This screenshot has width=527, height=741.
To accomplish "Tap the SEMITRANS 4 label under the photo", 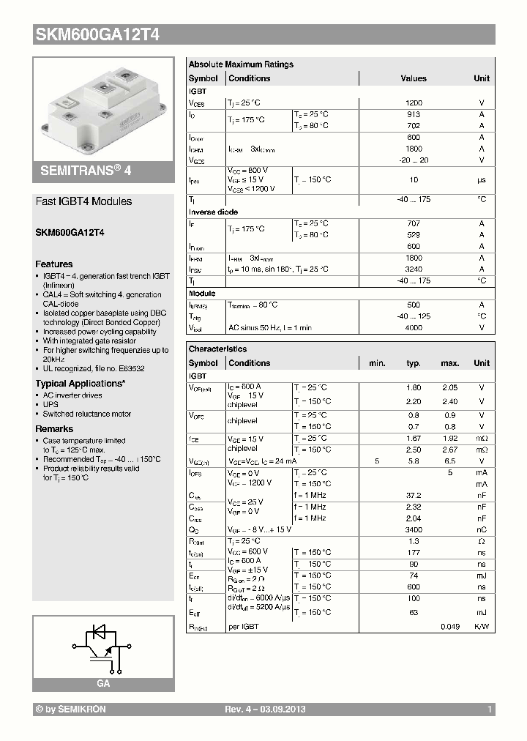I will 84,170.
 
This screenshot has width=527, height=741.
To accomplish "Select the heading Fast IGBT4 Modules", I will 84,201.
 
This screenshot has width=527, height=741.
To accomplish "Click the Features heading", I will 54,264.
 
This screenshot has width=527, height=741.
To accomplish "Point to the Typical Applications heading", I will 80,383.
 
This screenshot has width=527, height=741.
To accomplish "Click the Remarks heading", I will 54,428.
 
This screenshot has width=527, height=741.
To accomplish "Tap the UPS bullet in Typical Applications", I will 50,404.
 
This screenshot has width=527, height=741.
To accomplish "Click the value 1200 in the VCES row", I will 414,103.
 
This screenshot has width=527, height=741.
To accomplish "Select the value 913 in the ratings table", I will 414,114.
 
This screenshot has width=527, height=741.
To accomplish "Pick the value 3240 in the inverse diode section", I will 414,269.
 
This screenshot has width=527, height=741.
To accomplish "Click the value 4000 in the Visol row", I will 414,328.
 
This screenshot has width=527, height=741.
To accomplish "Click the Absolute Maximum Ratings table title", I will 241,64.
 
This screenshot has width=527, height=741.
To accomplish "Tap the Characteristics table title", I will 217,349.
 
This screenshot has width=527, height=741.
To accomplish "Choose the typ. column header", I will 414,363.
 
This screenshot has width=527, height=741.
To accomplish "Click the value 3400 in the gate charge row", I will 414,529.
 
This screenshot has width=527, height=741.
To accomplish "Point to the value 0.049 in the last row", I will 449,627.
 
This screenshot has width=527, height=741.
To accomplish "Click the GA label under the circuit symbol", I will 103,682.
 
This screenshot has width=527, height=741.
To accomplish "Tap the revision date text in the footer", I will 264,710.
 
